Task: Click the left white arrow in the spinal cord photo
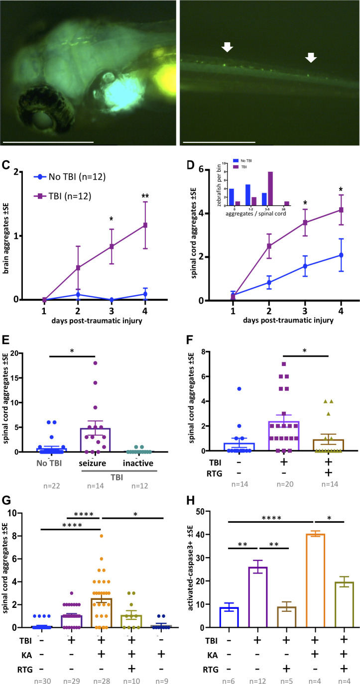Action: coord(227,47)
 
